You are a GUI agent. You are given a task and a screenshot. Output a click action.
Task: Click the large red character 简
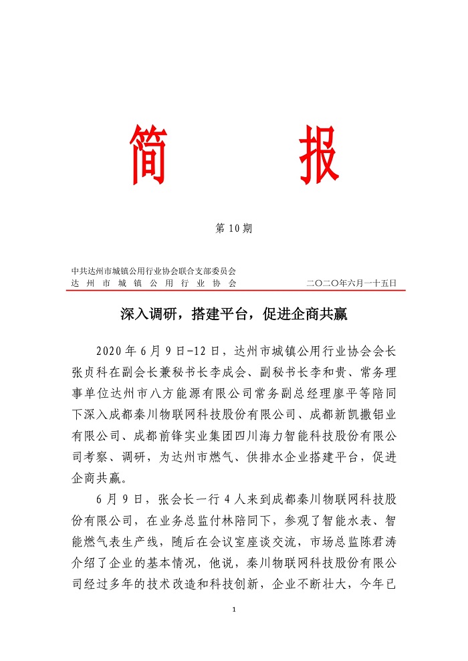click(x=148, y=154)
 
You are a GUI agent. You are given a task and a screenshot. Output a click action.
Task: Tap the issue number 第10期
click(x=234, y=229)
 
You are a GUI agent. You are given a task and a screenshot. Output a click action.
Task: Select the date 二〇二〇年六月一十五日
click(x=352, y=283)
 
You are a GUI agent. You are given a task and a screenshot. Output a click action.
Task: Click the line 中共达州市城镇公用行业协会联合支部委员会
click(x=154, y=271)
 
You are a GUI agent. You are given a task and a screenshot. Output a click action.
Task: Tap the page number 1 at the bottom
click(x=234, y=610)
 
